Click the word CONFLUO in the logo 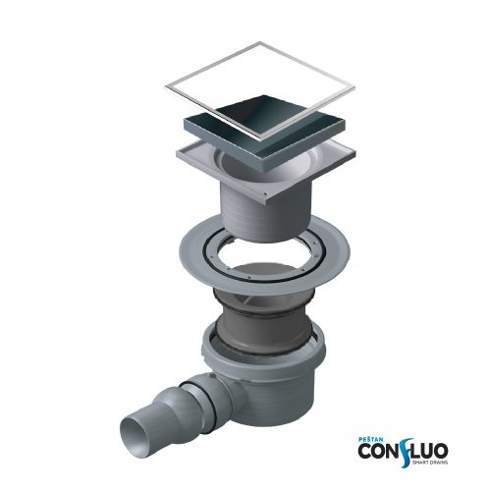click(x=403, y=452)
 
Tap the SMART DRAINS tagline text click(x=430, y=463)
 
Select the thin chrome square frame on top click(x=260, y=91)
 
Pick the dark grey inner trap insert click(x=263, y=324)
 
